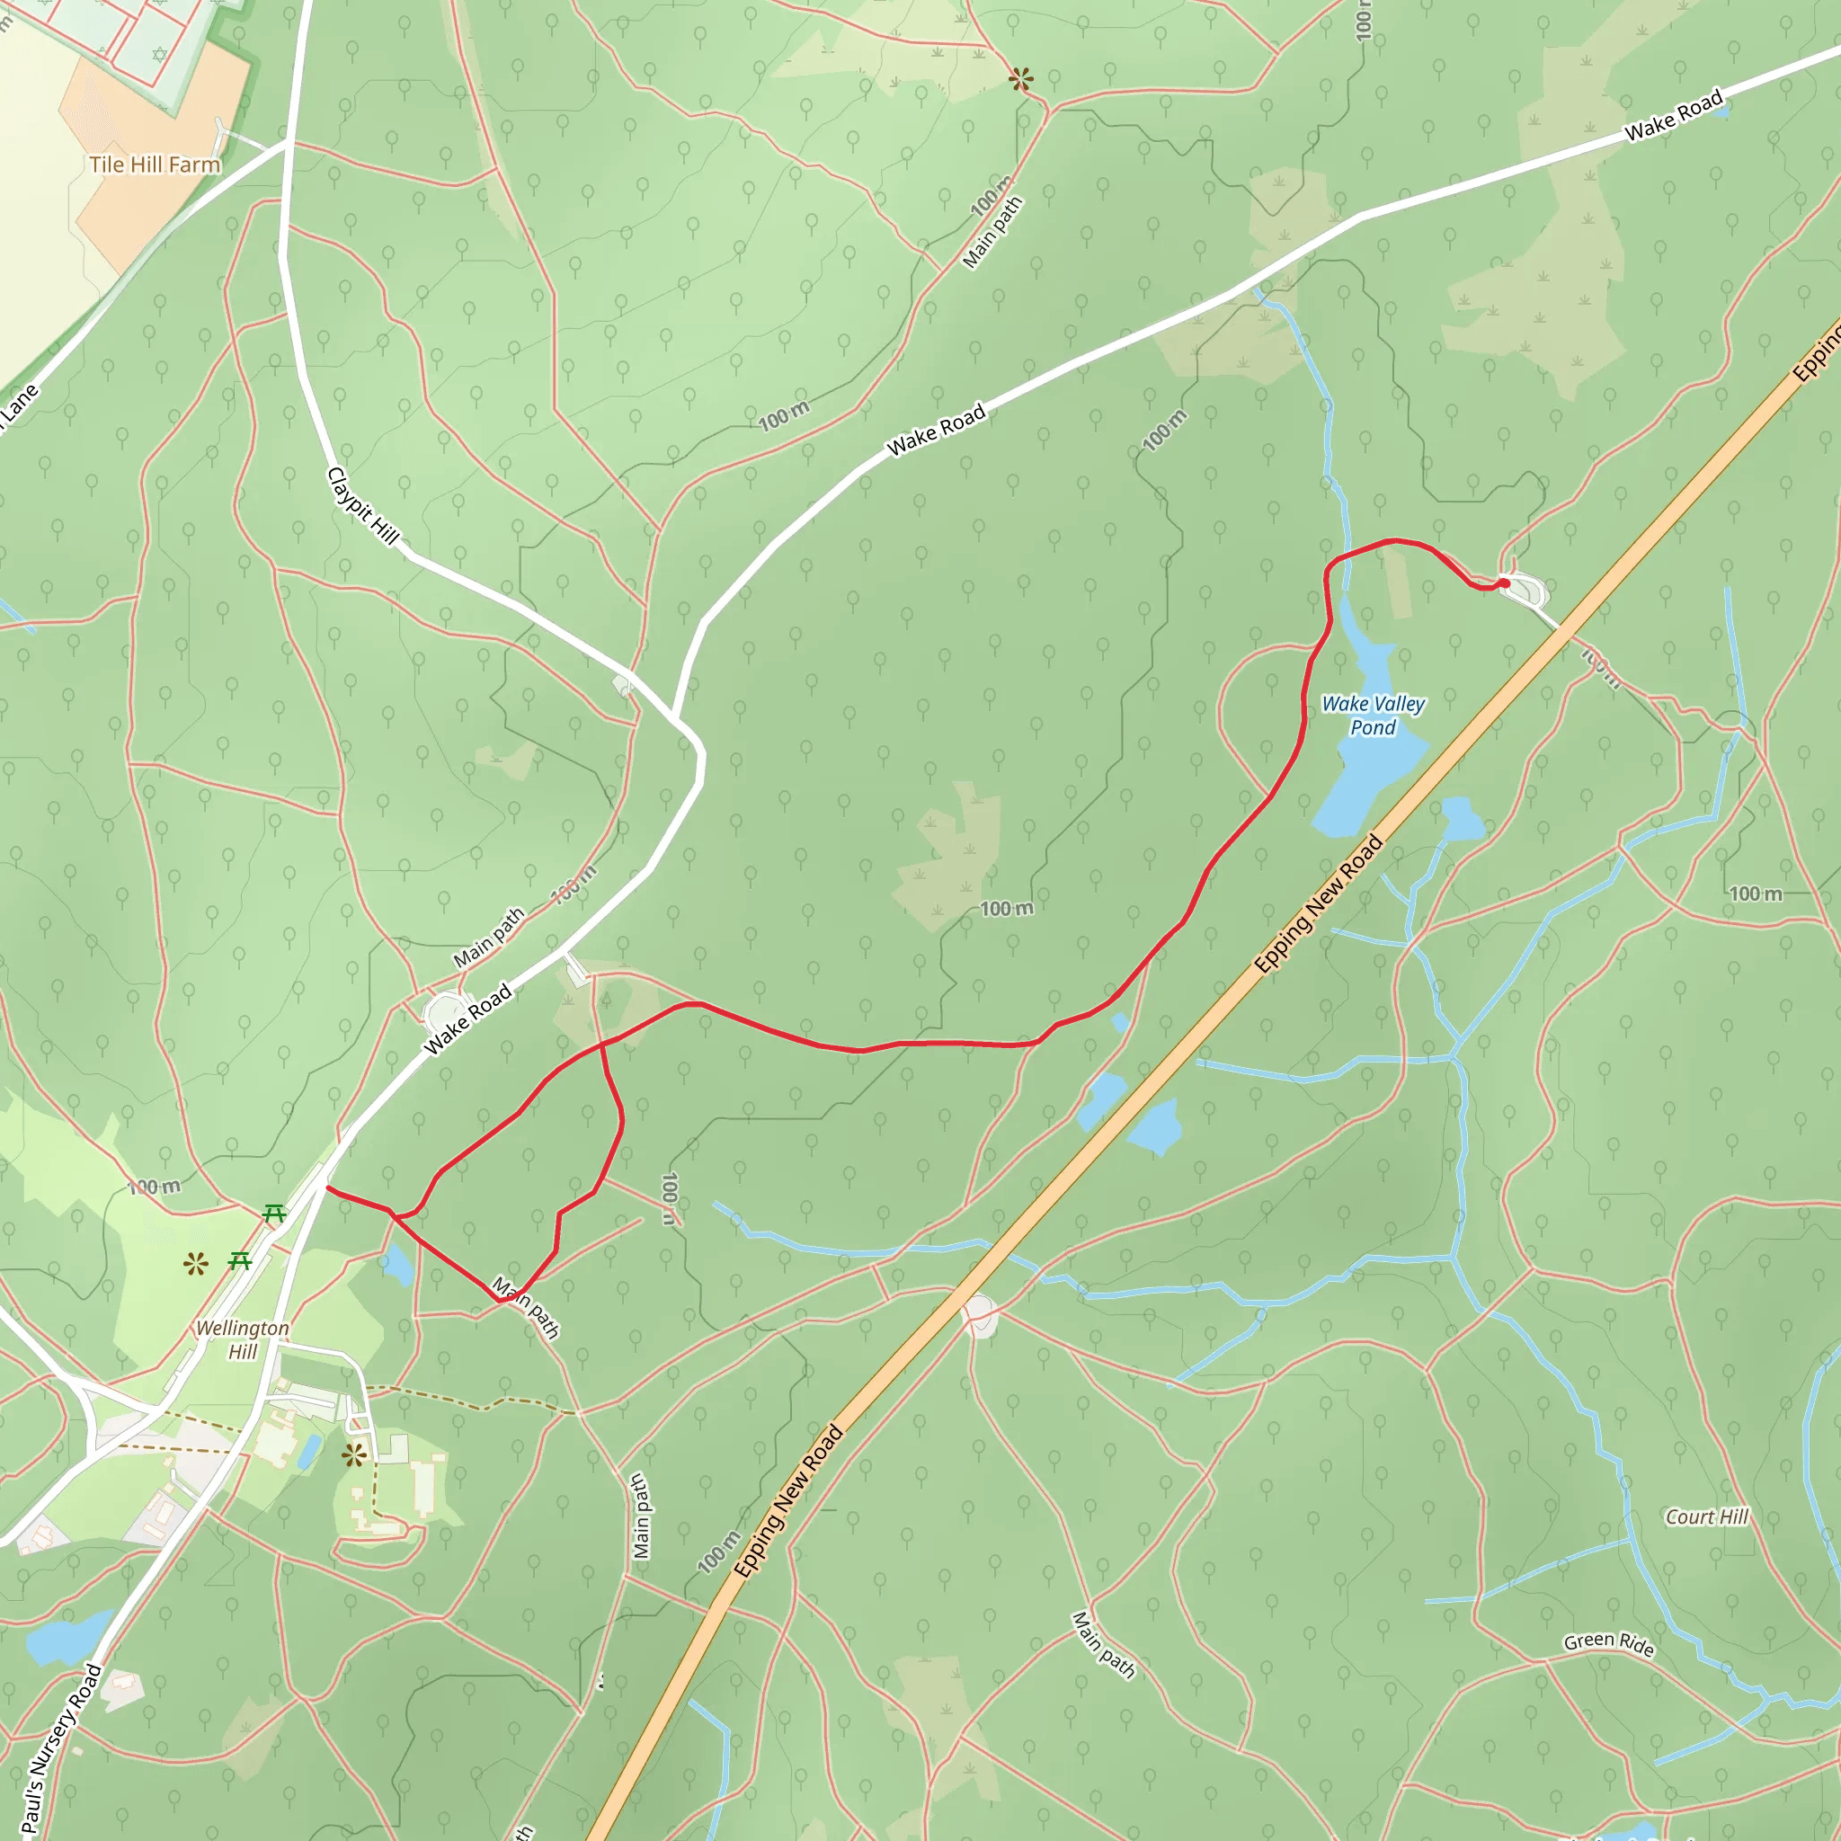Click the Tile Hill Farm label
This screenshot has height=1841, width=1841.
click(155, 165)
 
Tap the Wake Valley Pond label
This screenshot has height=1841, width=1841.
click(1374, 715)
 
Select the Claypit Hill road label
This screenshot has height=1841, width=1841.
click(363, 505)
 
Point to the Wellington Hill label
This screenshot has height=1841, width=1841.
click(242, 1339)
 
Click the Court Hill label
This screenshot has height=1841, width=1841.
click(1707, 1516)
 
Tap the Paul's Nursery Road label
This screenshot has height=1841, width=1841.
click(62, 1748)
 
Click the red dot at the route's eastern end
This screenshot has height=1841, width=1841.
click(1504, 583)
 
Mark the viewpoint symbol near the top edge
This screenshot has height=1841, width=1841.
click(1020, 79)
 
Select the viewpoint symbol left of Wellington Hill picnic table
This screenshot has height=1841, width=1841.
click(196, 1265)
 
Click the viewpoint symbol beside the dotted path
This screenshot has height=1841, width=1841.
click(354, 1455)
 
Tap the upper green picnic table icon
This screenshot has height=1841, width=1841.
click(274, 1213)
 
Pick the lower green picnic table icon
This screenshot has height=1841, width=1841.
click(240, 1261)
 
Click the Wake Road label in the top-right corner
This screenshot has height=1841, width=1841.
click(1674, 115)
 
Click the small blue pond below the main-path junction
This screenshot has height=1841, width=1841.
click(397, 1266)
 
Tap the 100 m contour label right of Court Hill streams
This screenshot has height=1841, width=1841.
click(1756, 894)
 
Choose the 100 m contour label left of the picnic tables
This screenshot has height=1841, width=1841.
click(155, 1187)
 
